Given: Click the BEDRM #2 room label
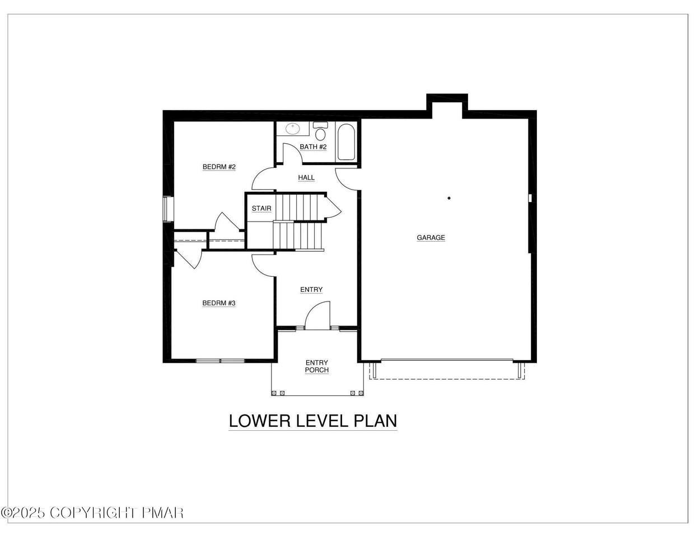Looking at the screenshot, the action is pyautogui.click(x=219, y=167).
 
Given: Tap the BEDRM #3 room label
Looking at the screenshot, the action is pyautogui.click(x=219, y=303).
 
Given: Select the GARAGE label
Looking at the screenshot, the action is pyautogui.click(x=431, y=238).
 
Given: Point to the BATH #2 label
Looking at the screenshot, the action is pyautogui.click(x=313, y=147).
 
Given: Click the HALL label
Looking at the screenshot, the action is pyautogui.click(x=306, y=177).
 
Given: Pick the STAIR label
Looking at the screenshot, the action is pyautogui.click(x=261, y=209).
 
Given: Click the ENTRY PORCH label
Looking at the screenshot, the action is pyautogui.click(x=317, y=366).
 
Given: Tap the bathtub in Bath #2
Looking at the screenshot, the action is pyautogui.click(x=346, y=142).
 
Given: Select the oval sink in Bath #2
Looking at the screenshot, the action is pyautogui.click(x=292, y=129).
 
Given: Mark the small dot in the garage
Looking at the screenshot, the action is pyautogui.click(x=449, y=198).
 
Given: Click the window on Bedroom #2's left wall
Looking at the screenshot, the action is pyautogui.click(x=168, y=209).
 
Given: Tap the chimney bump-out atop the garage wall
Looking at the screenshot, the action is pyautogui.click(x=447, y=102).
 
